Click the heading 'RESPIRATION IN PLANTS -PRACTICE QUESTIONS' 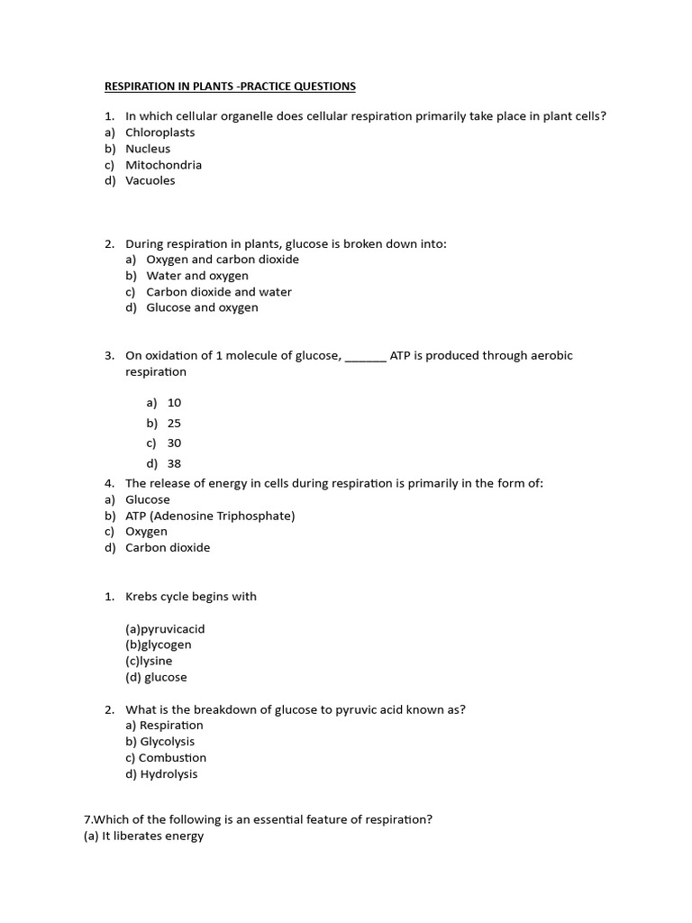(x=230, y=87)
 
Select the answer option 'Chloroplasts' (x=159, y=133)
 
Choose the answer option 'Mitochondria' (x=163, y=165)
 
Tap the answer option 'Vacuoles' (x=150, y=180)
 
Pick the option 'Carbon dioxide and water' (x=219, y=292)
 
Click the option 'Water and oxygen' (x=197, y=276)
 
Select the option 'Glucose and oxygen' (x=202, y=307)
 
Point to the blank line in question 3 (x=365, y=357)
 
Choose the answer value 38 (x=174, y=463)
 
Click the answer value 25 (x=174, y=423)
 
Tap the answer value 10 (x=174, y=403)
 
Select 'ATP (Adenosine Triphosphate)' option (x=210, y=516)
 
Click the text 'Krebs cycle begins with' (x=191, y=597)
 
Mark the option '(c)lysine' (x=149, y=661)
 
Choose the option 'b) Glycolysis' (x=159, y=742)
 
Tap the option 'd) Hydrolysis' (x=161, y=774)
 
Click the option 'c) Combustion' (x=166, y=758)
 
